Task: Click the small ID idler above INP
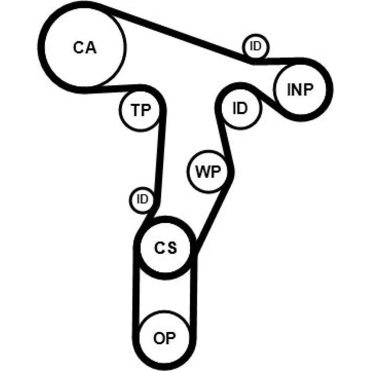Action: [x=256, y=47]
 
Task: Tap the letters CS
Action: [x=166, y=248]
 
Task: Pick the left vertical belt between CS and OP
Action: [x=136, y=293]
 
